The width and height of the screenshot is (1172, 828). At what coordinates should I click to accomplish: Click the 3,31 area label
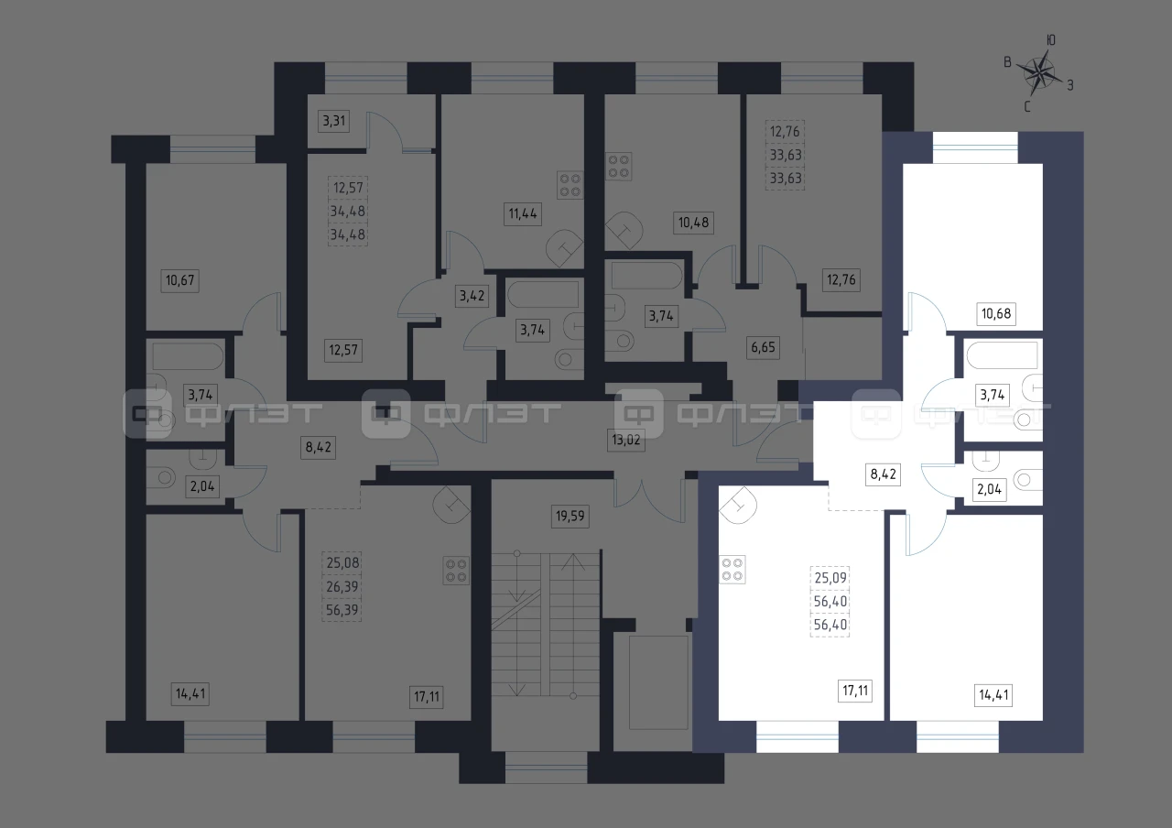(x=334, y=121)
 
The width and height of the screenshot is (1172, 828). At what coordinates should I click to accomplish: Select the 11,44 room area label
(x=523, y=213)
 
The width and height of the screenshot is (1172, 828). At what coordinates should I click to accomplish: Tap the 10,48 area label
(x=693, y=223)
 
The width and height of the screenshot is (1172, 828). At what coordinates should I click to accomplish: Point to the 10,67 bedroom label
(x=180, y=280)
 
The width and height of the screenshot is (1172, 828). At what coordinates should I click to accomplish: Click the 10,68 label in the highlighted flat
(x=996, y=314)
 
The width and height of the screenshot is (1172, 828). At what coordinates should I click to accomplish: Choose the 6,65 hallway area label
(x=763, y=347)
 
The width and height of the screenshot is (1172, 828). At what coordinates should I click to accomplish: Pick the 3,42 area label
(x=472, y=296)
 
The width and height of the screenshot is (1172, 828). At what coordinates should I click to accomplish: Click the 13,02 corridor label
(x=625, y=440)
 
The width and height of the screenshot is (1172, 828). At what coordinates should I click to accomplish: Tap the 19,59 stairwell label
(x=570, y=517)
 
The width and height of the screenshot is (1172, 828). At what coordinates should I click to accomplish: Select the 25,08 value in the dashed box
(x=342, y=563)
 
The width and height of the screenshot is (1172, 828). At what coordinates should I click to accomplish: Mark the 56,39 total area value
(x=342, y=610)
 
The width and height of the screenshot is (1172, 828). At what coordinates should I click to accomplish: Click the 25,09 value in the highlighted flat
(x=830, y=578)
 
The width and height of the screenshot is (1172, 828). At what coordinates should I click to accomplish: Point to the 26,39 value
(x=342, y=587)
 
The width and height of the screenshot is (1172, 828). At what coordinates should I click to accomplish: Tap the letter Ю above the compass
(x=1050, y=40)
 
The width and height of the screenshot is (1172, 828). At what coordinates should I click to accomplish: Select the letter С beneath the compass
(x=1027, y=107)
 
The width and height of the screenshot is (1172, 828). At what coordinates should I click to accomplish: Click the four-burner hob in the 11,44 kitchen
(x=570, y=186)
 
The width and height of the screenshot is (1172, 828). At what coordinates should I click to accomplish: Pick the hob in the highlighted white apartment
(x=732, y=570)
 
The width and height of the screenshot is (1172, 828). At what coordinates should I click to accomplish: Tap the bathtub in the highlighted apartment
(x=1003, y=356)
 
